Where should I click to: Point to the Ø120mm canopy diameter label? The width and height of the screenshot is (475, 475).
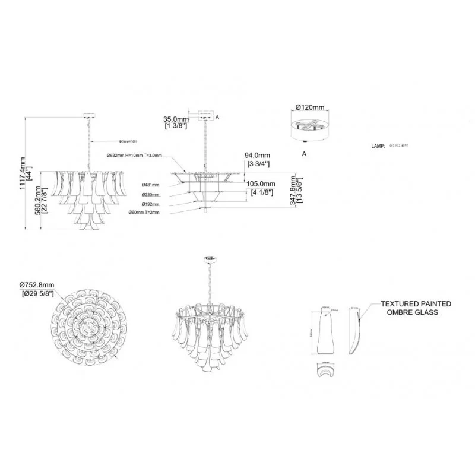[310, 107]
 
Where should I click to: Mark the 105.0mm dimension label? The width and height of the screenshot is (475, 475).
[261, 188]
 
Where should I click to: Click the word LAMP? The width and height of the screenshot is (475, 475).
[378, 145]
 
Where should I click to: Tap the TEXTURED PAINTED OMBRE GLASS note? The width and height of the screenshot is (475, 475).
[416, 308]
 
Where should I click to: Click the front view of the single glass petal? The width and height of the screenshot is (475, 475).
[326, 332]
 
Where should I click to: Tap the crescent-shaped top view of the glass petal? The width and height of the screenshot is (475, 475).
[325, 370]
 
